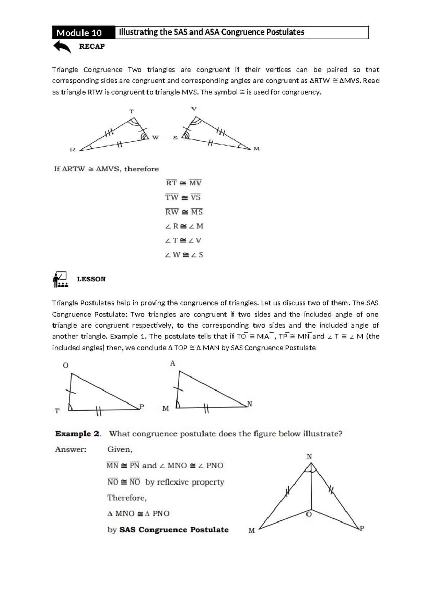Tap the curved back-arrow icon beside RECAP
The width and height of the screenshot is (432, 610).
pyautogui.click(x=62, y=47)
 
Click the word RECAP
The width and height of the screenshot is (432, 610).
pyautogui.click(x=92, y=46)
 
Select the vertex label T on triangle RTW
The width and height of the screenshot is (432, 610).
pyautogui.click(x=131, y=111)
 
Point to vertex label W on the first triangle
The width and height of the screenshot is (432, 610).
pyautogui.click(x=155, y=137)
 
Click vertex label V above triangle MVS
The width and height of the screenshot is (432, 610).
pyautogui.click(x=194, y=109)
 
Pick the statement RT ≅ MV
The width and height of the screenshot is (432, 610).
pyautogui.click(x=184, y=183)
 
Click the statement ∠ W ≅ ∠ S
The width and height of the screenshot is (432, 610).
pyautogui.click(x=184, y=255)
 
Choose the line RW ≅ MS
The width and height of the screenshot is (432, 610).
pyautogui.click(x=184, y=212)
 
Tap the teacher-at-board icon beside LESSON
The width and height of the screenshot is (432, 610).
pyautogui.click(x=60, y=279)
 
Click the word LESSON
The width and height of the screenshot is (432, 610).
pyautogui.click(x=91, y=279)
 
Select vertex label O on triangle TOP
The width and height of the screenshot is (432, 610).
pyautogui.click(x=66, y=365)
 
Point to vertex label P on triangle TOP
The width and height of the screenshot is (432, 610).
pyautogui.click(x=142, y=407)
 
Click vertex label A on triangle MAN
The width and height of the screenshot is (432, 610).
pyautogui.click(x=172, y=364)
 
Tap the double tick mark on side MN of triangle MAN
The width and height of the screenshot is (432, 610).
pyautogui.click(x=206, y=409)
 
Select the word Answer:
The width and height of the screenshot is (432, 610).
pyautogui.click(x=71, y=449)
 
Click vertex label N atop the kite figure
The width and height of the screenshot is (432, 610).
pyautogui.click(x=309, y=457)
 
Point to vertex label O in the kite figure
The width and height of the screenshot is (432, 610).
pyautogui.click(x=309, y=515)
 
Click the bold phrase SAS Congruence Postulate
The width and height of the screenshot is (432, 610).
pyautogui.click(x=174, y=530)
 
